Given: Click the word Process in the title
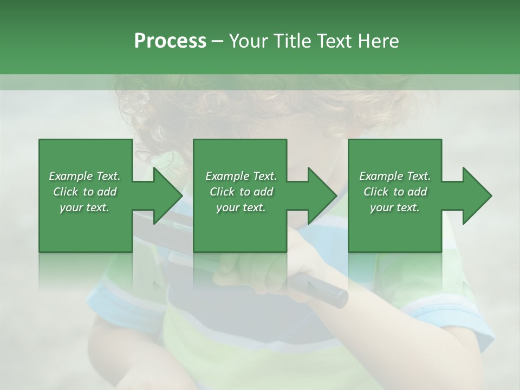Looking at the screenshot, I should click(x=170, y=41).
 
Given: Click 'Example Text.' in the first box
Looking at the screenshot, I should click(x=84, y=176).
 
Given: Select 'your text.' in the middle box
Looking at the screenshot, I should click(x=240, y=207).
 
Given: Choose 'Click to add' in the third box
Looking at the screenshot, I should click(x=395, y=192).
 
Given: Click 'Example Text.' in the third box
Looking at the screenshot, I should click(x=395, y=176).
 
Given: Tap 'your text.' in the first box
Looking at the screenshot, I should click(x=84, y=207).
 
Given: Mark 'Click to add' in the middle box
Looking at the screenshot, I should click(x=240, y=192).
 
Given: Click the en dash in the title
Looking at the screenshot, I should click(x=218, y=41).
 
